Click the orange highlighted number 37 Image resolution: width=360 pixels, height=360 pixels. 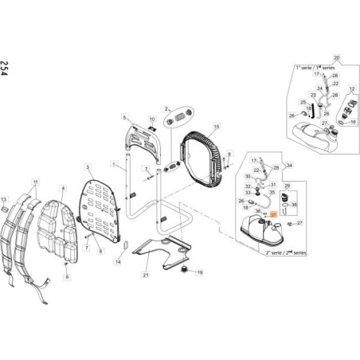(x=272, y=214)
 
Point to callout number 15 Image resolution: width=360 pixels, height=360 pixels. (x=217, y=126)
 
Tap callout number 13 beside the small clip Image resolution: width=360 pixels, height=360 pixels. (x=3, y=198)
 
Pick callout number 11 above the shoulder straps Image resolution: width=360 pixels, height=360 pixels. (x=35, y=183)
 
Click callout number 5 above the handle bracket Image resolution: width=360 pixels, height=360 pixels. (x=125, y=117)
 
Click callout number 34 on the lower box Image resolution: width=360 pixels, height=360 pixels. (x=289, y=165)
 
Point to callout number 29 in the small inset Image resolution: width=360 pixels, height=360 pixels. (x=289, y=185)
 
